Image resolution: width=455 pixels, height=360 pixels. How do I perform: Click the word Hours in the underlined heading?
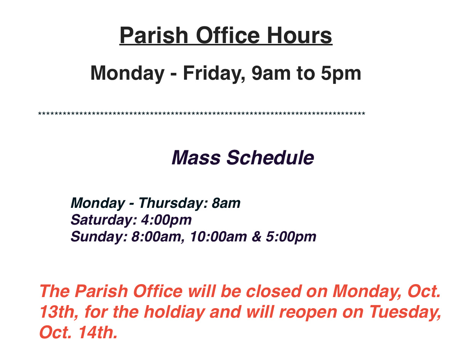coord(299,35)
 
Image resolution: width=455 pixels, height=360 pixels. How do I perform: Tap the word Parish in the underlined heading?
coord(154,35)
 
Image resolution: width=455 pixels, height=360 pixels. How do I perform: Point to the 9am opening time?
coord(271,73)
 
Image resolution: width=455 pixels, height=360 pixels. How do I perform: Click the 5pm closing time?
coord(341,74)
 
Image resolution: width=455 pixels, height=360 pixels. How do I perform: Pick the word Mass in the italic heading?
coord(196,157)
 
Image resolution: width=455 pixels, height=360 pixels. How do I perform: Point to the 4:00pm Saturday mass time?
coord(167,220)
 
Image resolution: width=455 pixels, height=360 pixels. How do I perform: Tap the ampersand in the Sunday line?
coord(256,236)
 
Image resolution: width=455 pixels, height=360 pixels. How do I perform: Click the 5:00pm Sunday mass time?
coord(291,237)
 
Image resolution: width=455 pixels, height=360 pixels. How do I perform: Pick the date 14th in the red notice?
coord(98,333)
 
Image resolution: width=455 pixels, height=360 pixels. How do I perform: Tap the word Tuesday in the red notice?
coord(405,312)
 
